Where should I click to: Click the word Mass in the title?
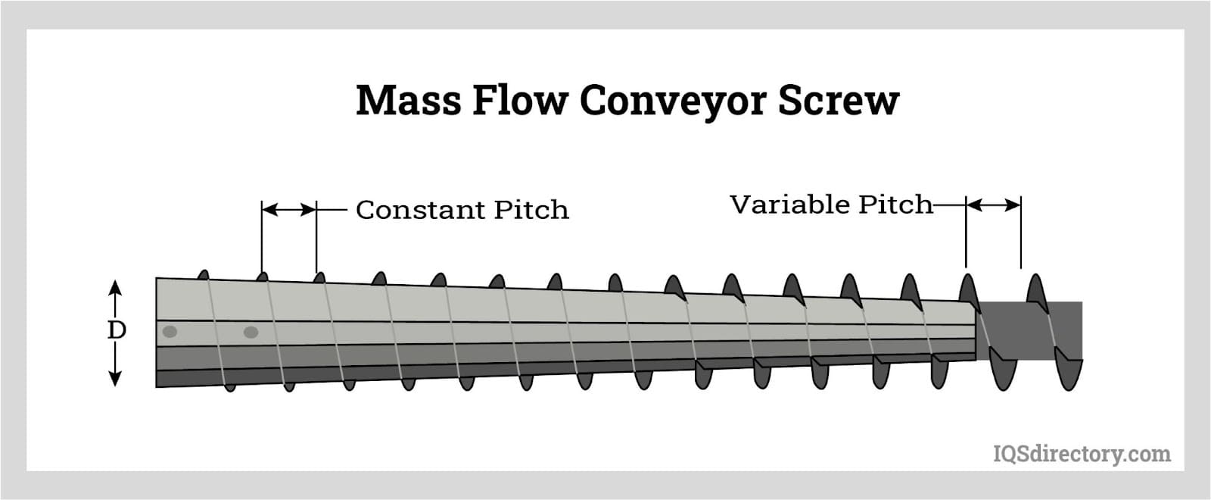407,100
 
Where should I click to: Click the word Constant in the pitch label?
421,210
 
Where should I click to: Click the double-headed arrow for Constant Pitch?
289,210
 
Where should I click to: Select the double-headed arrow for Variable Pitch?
993,205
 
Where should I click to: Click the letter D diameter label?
116,330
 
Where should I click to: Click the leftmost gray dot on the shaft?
170,332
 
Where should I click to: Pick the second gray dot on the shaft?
251,332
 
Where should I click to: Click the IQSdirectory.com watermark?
1081,454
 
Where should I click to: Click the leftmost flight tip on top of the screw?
203,274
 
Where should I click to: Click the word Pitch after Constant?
531,210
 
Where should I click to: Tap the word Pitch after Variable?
896,205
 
